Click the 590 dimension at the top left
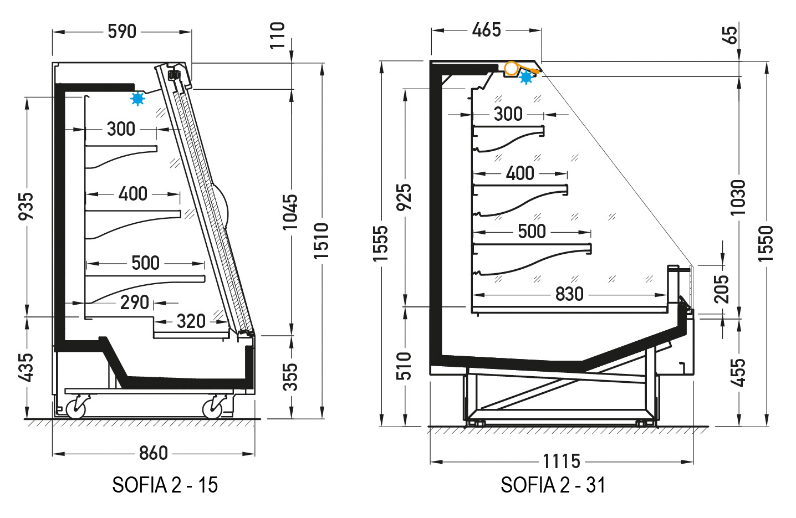122,32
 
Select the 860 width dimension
154,453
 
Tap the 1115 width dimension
562,461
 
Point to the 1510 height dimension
322,241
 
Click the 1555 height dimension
380,244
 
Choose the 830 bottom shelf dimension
569,294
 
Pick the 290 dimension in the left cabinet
134,302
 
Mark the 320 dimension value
191,321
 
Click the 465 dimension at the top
487,30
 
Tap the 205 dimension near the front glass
721,289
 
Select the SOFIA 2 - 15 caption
165,485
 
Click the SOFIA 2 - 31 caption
553,485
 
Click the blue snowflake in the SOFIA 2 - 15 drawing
137,99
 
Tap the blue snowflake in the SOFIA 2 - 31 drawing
526,77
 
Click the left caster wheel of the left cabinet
76,409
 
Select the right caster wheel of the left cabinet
212,409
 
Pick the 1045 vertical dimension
290,212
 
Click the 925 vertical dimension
404,198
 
